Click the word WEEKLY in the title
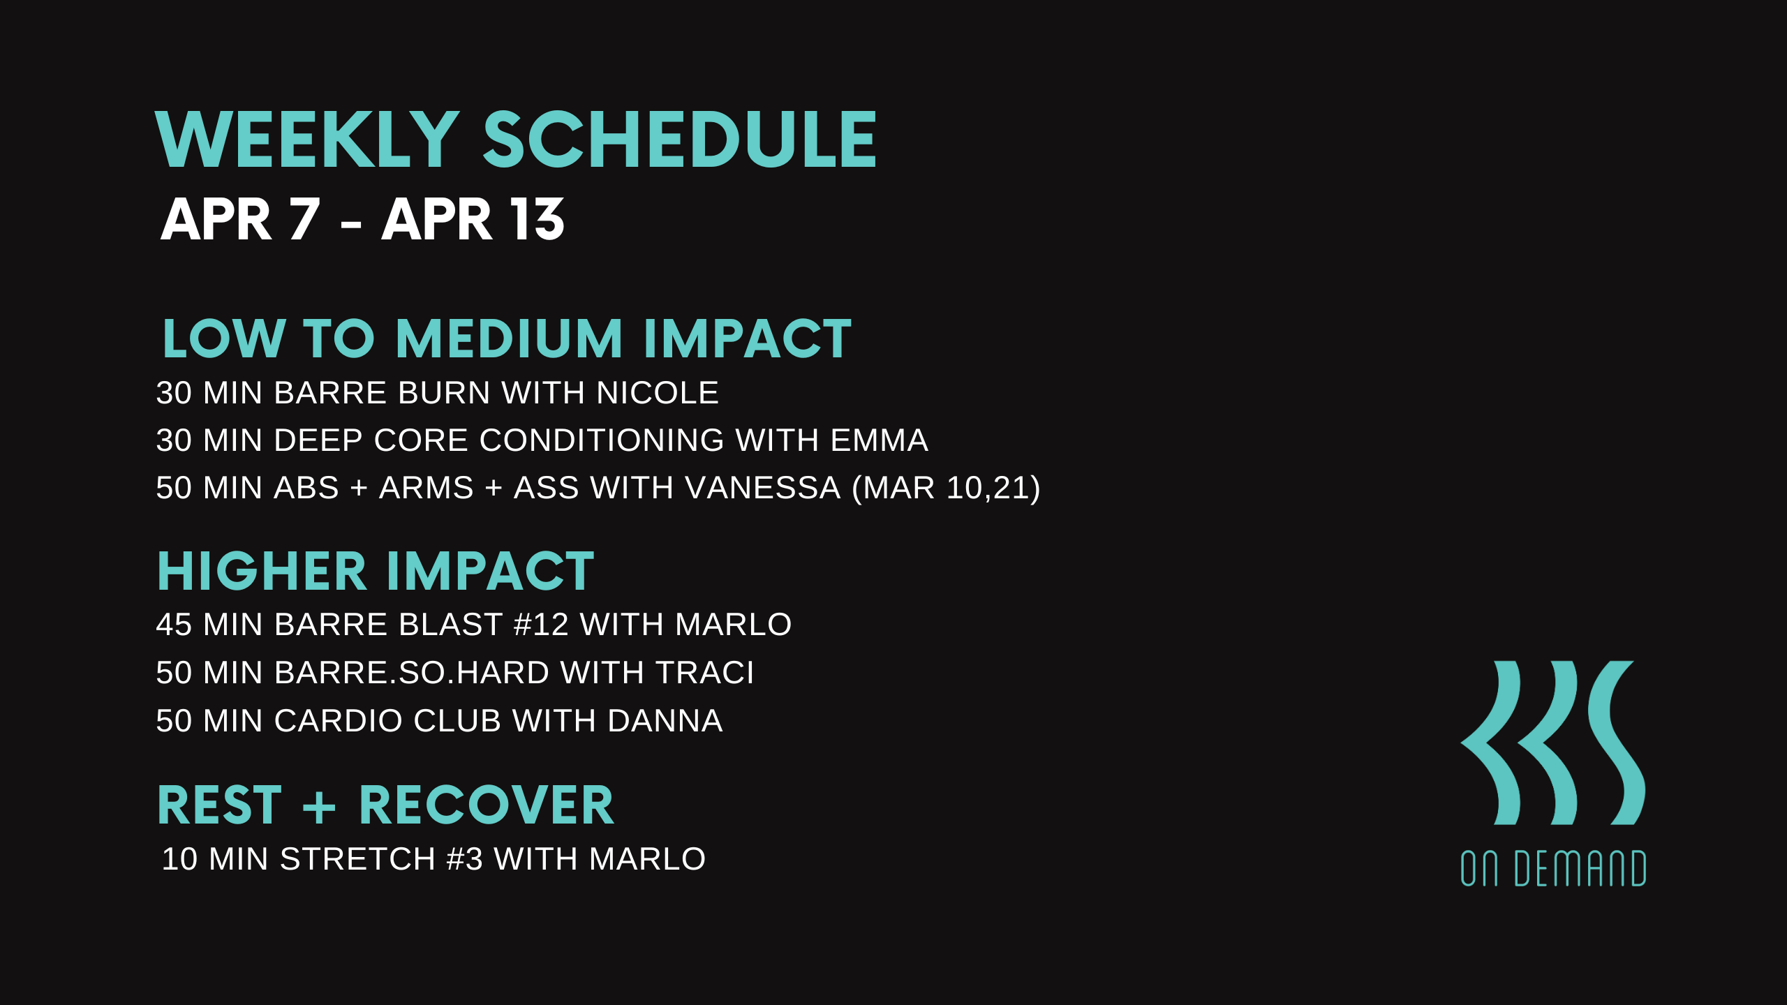[x=307, y=140]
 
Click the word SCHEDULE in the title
[x=679, y=140]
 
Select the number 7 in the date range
[x=304, y=219]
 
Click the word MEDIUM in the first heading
[x=509, y=338]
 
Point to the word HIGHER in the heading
[x=262, y=572]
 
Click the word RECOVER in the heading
[x=486, y=805]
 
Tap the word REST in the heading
[x=219, y=805]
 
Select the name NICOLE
[x=657, y=393]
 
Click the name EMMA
[x=879, y=440]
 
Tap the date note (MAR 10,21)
[x=946, y=488]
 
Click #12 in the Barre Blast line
[x=541, y=625]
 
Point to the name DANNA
[x=665, y=721]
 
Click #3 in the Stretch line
[x=465, y=859]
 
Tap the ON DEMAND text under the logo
[x=1553, y=868]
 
